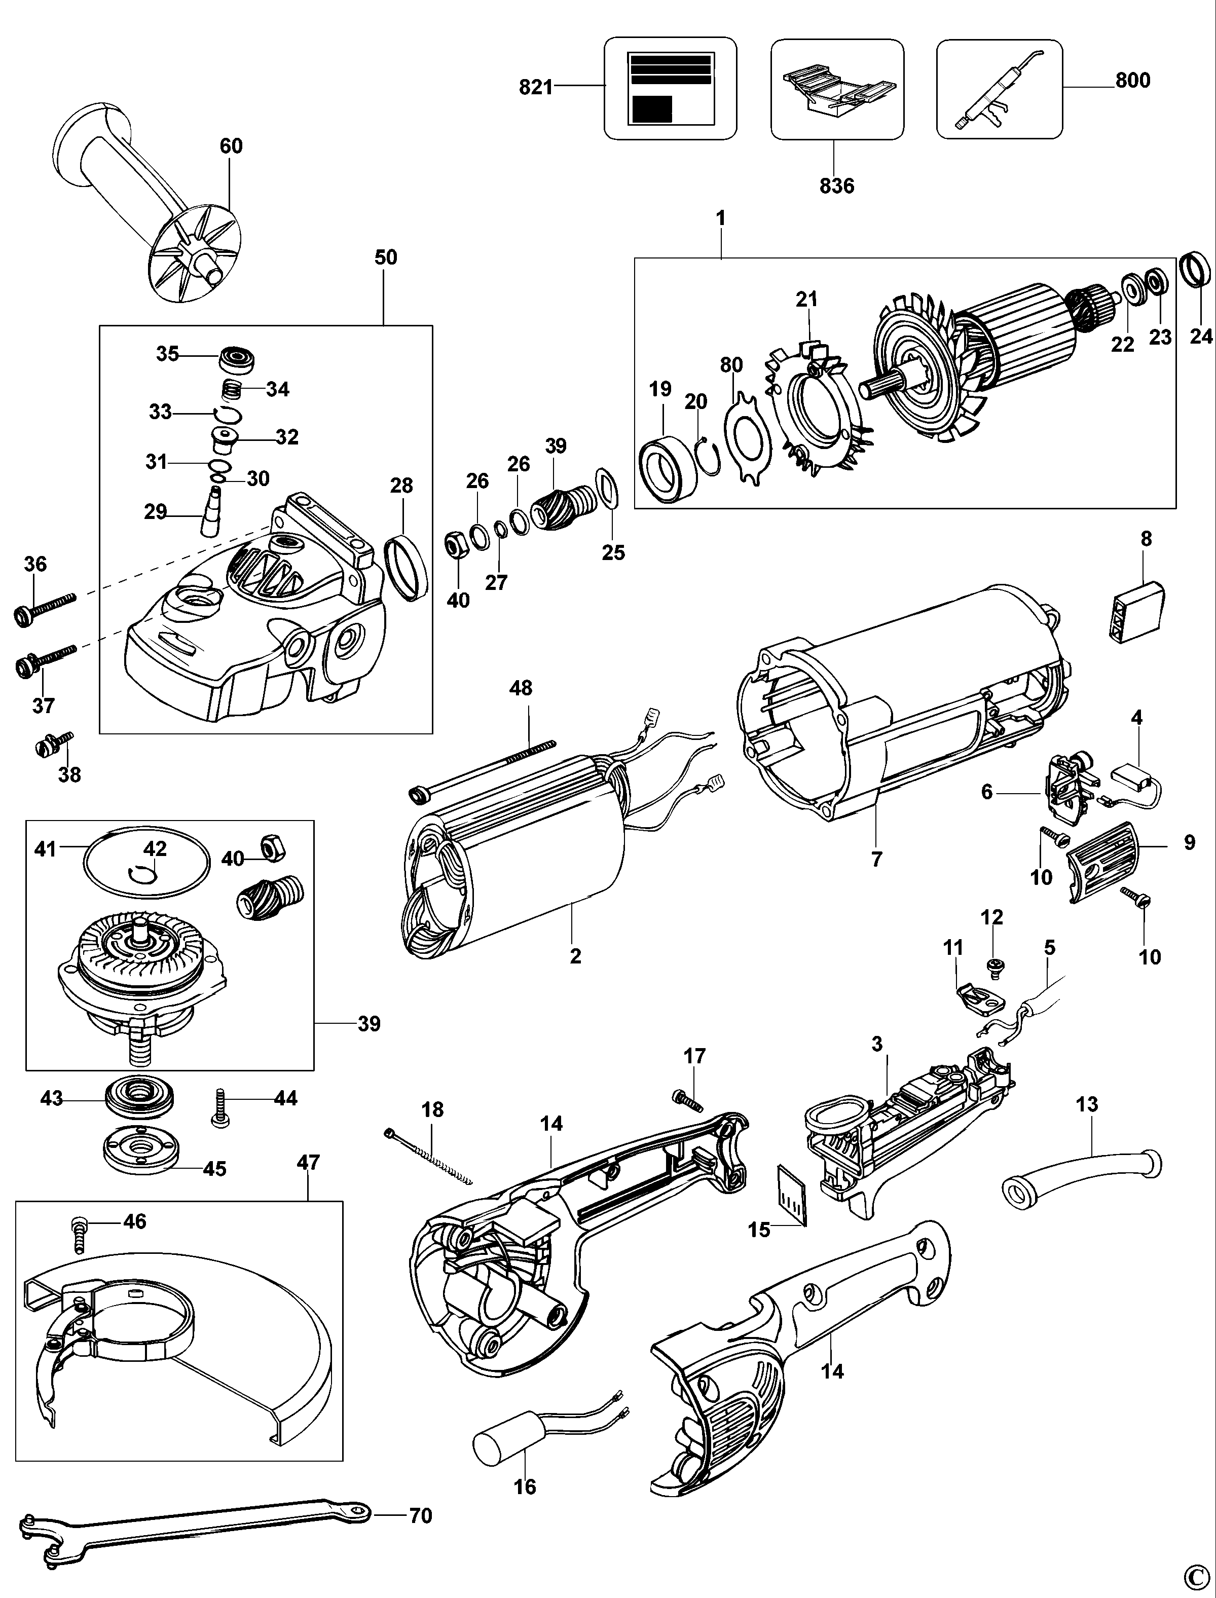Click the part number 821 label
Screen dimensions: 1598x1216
click(536, 88)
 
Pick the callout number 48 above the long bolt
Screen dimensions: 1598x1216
click(521, 688)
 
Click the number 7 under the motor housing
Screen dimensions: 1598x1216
click(876, 859)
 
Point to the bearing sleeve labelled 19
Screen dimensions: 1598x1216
click(667, 469)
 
